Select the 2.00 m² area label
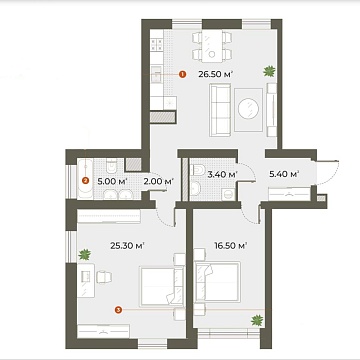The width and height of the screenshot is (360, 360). [159, 181]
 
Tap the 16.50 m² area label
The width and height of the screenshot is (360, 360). [231, 244]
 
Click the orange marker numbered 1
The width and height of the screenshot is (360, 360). [181, 73]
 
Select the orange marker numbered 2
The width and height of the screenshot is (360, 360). [86, 181]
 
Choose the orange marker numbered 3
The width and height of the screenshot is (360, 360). [119, 310]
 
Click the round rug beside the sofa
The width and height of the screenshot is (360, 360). [253, 106]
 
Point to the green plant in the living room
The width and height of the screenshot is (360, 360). [268, 71]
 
